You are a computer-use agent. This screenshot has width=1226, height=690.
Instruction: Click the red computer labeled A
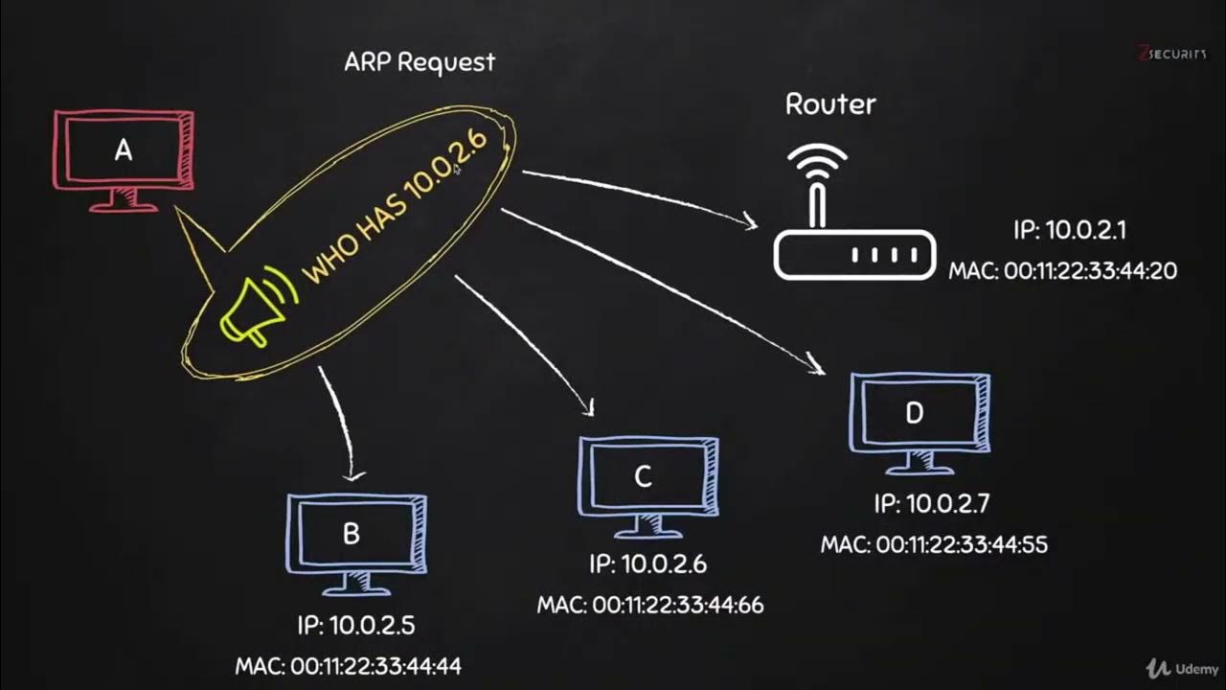tap(123, 153)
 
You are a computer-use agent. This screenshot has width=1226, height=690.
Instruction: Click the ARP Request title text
tap(420, 62)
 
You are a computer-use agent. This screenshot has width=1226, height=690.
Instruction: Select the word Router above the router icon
tap(830, 103)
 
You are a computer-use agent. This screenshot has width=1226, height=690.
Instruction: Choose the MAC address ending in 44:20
tap(1062, 271)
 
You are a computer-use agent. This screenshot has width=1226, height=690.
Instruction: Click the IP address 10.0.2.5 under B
tap(355, 626)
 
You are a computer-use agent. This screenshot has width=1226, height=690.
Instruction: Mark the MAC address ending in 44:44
tap(349, 665)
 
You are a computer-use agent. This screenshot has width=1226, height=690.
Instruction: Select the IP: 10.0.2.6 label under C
tap(647, 564)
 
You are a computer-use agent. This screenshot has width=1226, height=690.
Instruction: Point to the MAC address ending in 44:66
tap(650, 605)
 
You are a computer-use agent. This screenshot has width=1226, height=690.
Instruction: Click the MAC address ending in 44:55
tap(934, 544)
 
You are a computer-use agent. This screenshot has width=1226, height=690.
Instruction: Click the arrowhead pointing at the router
tap(749, 223)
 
